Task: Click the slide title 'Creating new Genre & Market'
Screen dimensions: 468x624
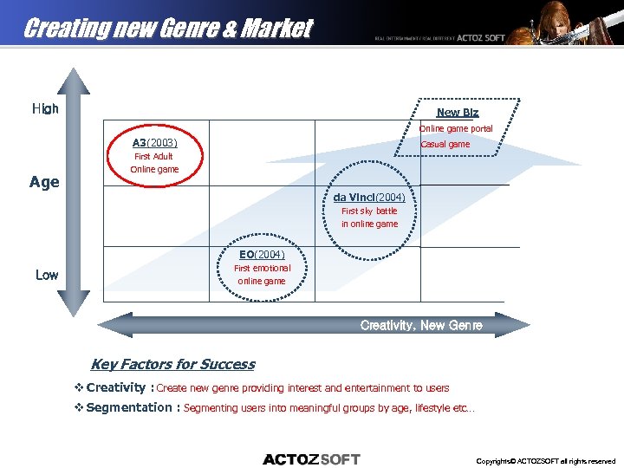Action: pos(167,29)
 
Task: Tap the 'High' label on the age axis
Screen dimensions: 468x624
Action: pos(45,109)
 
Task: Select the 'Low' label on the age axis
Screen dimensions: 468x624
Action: pos(47,275)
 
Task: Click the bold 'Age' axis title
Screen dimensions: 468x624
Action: pos(44,182)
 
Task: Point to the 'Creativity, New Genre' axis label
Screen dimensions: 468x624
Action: pos(421,325)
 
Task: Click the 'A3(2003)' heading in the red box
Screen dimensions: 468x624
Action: pos(154,143)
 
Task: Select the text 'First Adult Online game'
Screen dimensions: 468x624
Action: pos(154,163)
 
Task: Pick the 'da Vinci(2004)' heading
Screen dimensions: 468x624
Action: pos(369,197)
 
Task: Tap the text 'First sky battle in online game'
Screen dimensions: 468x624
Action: pos(369,218)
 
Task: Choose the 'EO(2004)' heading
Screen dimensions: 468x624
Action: pos(262,254)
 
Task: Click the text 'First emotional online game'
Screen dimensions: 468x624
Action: pos(262,275)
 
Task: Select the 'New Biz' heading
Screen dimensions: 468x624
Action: pos(457,113)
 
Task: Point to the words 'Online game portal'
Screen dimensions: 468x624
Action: pos(455,128)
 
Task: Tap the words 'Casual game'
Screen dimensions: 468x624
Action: pos(445,144)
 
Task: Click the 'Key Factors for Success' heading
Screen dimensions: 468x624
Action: pos(172,364)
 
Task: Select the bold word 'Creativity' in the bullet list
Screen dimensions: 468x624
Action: pos(115,387)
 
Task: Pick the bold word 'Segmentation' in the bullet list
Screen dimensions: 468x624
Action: pos(129,407)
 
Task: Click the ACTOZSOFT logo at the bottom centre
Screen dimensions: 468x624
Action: pos(311,459)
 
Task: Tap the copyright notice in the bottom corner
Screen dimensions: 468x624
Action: pos(545,461)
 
